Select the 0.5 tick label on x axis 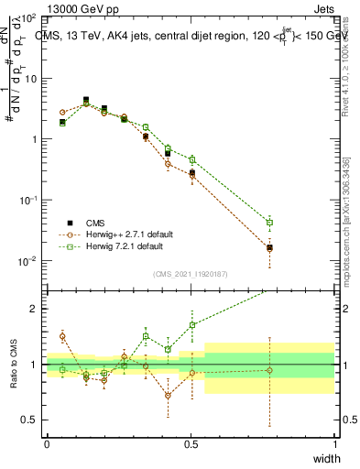(191, 443)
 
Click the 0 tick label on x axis (47, 443)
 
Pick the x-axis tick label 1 (334, 443)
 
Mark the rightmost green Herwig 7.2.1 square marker (269, 222)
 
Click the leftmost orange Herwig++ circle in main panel (62, 112)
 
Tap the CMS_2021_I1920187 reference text (191, 273)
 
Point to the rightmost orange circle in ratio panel (269, 370)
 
